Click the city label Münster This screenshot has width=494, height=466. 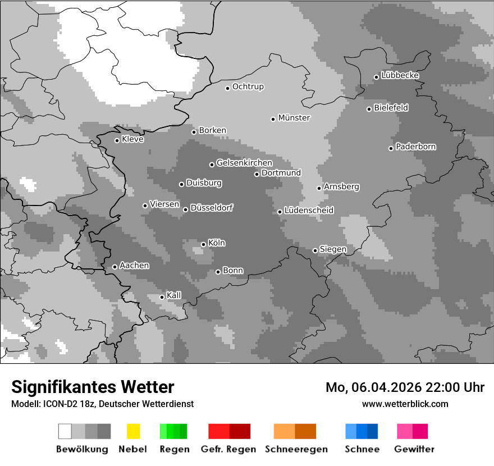294,118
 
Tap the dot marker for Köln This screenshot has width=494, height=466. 203,244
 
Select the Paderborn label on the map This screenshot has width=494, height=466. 415,147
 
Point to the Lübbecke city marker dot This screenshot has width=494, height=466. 376,77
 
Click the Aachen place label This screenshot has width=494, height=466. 134,266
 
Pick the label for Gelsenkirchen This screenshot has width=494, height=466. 244,163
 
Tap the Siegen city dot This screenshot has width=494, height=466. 315,250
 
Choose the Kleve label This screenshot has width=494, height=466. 132,139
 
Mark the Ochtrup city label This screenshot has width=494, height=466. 248,87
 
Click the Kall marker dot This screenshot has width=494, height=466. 162,297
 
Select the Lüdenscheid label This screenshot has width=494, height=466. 309,211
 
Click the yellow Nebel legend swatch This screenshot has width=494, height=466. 134,431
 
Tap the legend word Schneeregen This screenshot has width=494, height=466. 296,449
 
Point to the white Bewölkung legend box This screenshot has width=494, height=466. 65,431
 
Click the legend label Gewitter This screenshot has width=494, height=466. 414,449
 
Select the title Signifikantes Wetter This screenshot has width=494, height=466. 93,387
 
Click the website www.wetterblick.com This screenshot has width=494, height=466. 405,404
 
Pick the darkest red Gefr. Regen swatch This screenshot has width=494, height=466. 240,431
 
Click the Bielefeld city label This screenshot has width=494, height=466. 391,108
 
